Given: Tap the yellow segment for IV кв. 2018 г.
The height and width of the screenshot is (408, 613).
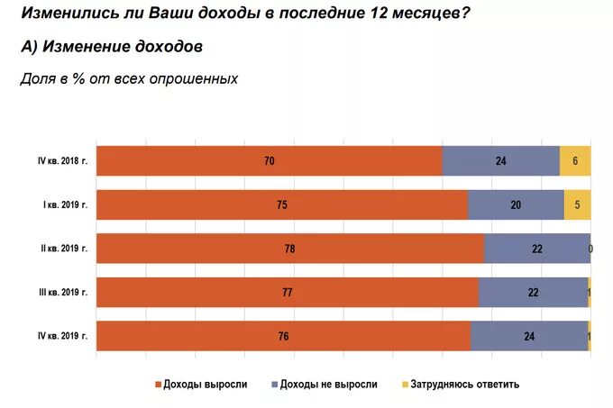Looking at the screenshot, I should [575, 160].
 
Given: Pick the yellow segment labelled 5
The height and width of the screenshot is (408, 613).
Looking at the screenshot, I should [577, 204].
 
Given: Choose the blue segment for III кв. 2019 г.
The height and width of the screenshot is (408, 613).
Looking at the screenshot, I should [532, 292].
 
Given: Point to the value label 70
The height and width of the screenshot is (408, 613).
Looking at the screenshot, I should [269, 161].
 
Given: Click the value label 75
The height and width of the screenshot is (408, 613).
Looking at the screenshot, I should [282, 205].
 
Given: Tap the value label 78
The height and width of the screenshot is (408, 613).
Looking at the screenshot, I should [289, 249].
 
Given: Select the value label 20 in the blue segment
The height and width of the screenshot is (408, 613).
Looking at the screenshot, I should [516, 205].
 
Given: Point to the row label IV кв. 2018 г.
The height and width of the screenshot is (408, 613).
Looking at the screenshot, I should [62, 160].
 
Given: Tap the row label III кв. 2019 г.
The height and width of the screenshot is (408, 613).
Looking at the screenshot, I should [63, 292].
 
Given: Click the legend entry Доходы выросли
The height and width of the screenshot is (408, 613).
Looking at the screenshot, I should [205, 384].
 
